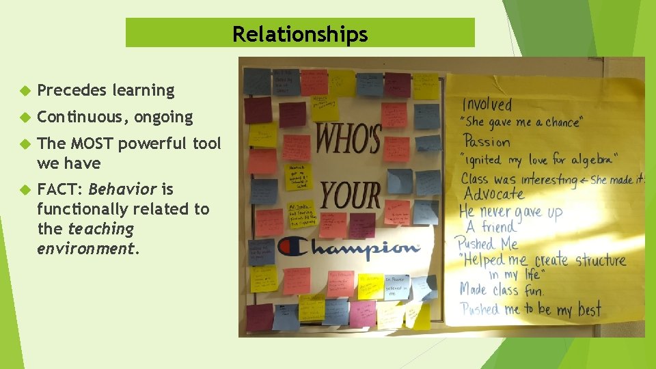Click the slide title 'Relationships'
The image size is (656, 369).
(300, 33)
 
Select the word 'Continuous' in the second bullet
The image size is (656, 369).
(82, 118)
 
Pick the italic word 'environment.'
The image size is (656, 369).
(88, 248)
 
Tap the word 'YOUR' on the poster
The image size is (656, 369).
(351, 194)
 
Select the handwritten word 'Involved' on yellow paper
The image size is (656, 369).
(487, 105)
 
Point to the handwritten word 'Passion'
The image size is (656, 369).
(487, 142)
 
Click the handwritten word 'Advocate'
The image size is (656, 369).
(493, 194)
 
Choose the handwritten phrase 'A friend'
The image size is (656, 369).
(491, 227)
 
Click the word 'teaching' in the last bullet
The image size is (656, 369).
(100, 229)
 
